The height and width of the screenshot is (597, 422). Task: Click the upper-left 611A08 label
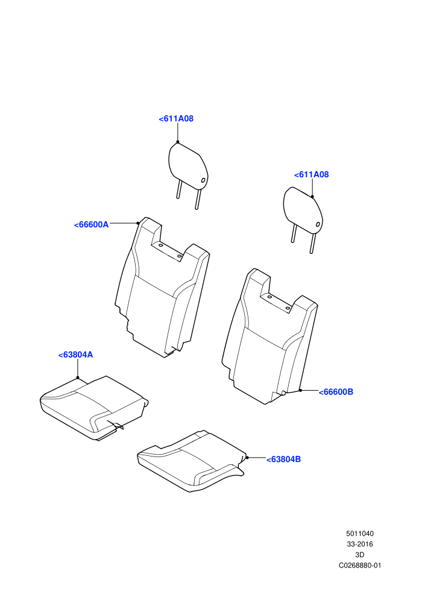tap(176, 119)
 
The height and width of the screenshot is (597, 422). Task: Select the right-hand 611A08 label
tap(311, 175)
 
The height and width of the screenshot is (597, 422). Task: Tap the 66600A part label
tap(91, 225)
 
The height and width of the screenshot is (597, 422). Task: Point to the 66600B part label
tap(336, 392)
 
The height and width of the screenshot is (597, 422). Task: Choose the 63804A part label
tap(75, 355)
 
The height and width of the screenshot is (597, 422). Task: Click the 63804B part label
tap(283, 460)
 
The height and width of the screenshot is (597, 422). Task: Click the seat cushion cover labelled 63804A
tap(93, 408)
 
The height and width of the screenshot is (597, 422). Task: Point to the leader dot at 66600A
tap(137, 223)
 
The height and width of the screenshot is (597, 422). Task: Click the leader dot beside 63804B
tap(247, 457)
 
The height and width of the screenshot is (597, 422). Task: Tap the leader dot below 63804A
tap(78, 377)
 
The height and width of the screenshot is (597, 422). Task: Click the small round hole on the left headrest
tap(203, 180)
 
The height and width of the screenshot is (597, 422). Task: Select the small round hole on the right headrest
tap(318, 224)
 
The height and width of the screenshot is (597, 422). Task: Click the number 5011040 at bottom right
tap(360, 534)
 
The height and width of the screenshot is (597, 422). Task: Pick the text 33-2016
tap(360, 545)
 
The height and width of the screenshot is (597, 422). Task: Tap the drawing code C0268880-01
tap(360, 566)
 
